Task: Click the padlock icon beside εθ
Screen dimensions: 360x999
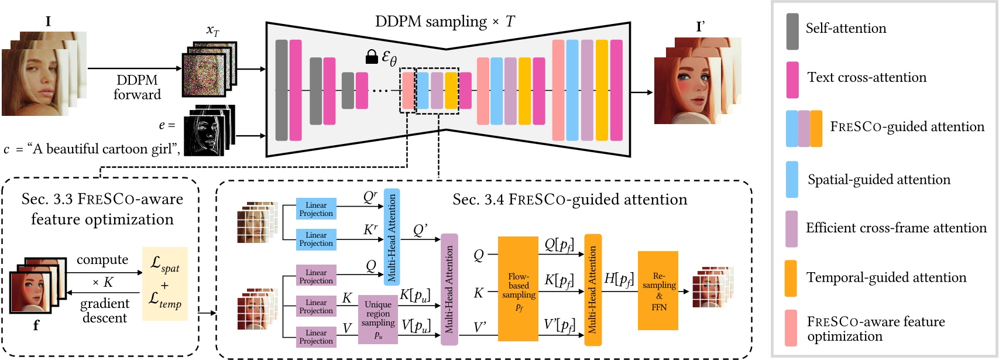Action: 372,57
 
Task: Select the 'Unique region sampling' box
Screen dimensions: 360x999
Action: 377,320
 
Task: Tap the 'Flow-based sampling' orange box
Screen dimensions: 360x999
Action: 518,289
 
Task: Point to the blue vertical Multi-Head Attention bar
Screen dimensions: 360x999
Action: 392,236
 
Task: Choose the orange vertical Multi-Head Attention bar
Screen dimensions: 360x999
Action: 592,290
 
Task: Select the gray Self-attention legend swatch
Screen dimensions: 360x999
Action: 792,32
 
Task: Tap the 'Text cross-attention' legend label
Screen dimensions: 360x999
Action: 867,77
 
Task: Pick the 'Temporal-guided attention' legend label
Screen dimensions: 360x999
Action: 886,277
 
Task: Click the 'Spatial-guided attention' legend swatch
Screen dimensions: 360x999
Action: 792,180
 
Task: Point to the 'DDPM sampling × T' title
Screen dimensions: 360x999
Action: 445,22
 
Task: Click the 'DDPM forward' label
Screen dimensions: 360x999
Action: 137,87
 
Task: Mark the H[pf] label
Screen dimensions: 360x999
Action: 619,279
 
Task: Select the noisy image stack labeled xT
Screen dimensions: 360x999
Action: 210,70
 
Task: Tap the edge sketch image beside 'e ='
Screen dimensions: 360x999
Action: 208,132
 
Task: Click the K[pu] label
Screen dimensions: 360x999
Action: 414,296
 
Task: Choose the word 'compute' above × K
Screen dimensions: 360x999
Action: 102,259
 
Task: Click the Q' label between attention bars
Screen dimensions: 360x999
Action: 420,230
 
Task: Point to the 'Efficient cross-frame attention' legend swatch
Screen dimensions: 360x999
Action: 792,229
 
